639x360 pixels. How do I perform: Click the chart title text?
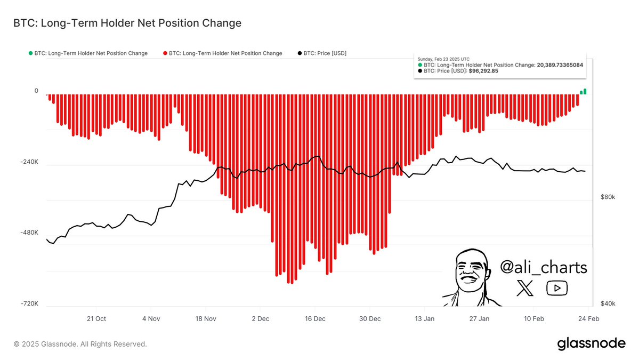pos(127,23)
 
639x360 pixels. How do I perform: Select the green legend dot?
pos(30,53)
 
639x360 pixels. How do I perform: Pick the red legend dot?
pos(165,53)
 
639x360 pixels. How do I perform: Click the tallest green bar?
pos(585,92)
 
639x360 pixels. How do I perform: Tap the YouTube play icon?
pos(557,289)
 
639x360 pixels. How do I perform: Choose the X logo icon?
pos(525,289)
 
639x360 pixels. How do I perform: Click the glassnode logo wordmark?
pos(591,344)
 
